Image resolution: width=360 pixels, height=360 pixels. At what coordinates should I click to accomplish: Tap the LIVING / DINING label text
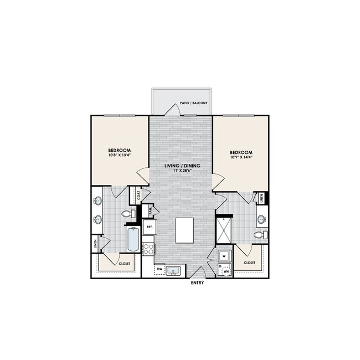(183, 166)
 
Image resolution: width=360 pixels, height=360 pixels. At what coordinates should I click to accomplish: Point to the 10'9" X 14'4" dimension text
(241, 158)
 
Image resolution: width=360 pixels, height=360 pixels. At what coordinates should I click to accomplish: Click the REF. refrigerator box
(149, 227)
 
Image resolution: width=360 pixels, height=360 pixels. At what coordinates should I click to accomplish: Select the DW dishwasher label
(160, 270)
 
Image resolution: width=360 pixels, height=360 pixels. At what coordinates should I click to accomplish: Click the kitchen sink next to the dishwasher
(174, 271)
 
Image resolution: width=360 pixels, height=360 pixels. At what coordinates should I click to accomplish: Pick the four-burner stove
(148, 249)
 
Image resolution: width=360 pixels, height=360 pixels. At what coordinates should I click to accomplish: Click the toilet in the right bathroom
(259, 235)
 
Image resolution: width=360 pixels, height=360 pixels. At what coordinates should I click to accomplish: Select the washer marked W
(224, 256)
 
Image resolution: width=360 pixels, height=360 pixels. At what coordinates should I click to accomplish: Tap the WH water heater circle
(227, 272)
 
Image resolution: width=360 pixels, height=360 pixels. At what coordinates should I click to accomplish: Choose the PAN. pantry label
(150, 210)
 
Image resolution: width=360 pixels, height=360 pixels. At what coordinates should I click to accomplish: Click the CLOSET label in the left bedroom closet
(125, 264)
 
